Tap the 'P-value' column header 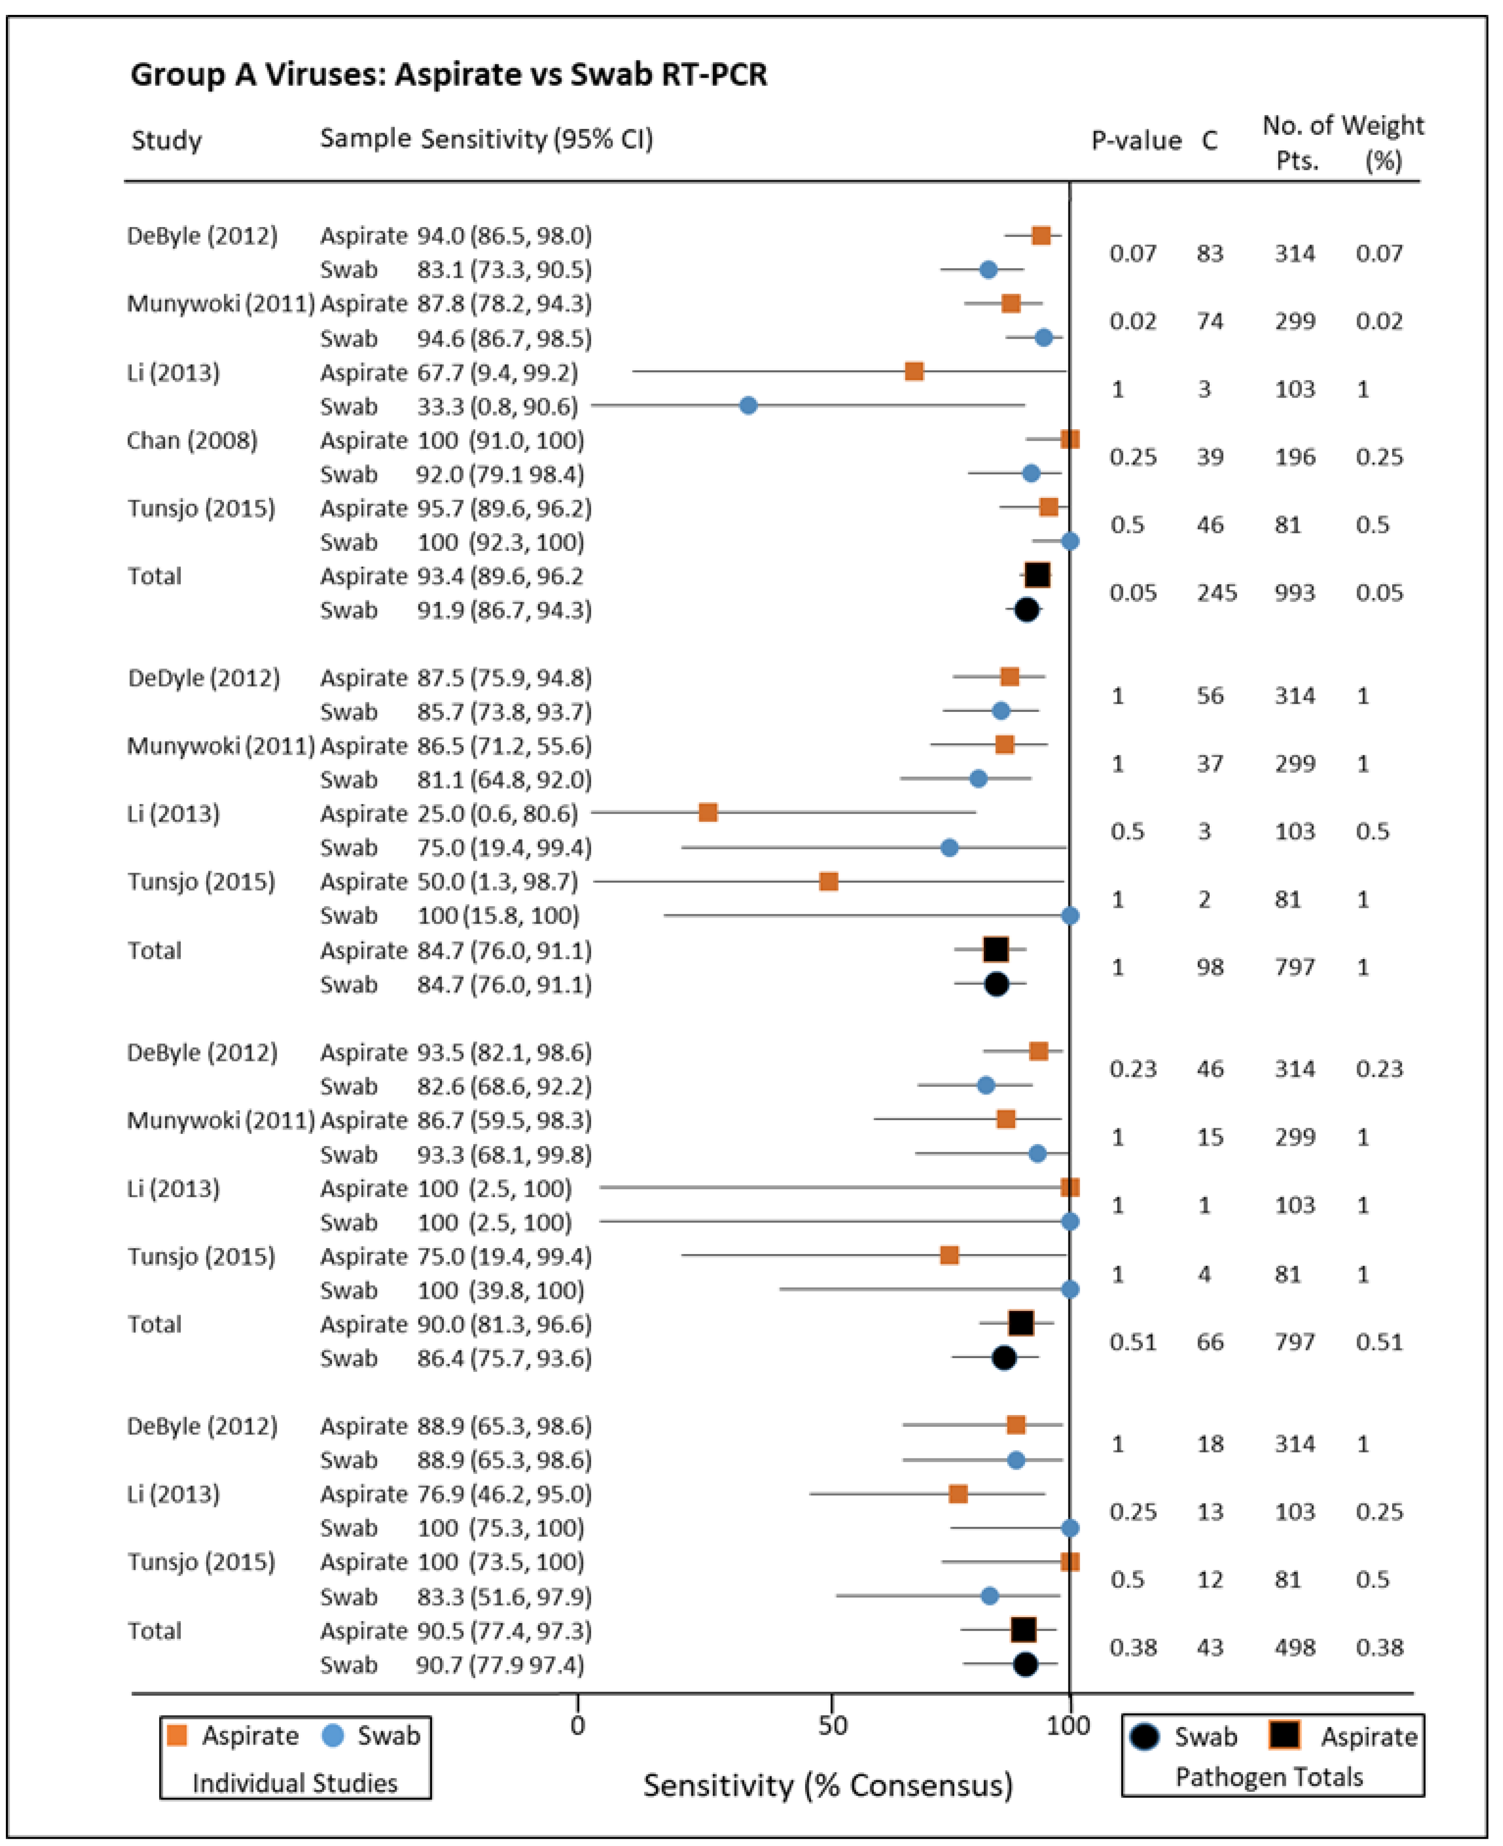[1136, 140]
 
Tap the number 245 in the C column [1216, 593]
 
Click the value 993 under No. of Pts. [1294, 593]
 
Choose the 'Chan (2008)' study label [192, 440]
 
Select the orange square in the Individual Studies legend [177, 1735]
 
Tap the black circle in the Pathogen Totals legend [1145, 1737]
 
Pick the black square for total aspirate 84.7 [996, 949]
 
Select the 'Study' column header [166, 140]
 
